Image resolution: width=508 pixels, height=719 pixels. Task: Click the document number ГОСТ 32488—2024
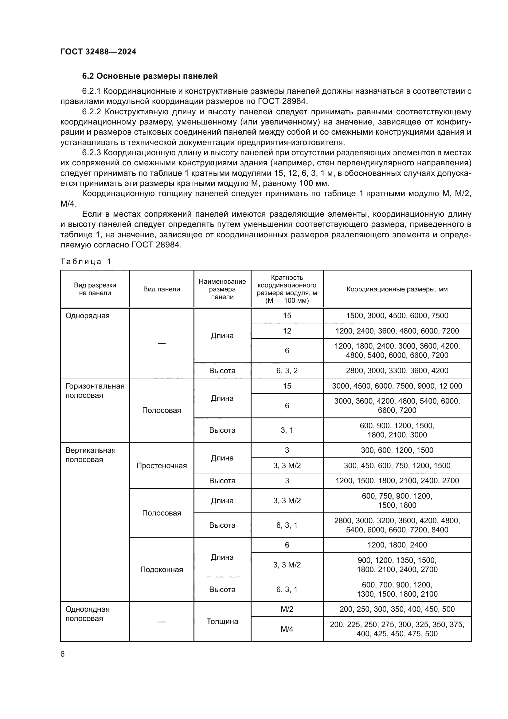[98, 52]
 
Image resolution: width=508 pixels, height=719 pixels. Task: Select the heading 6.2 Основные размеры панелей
[150, 76]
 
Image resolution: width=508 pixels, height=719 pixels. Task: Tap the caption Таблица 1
[86, 262]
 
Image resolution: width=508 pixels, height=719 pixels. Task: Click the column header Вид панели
[162, 289]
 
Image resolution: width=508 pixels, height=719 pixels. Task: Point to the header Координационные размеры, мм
[397, 289]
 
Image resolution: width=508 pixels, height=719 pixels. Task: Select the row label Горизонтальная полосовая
[95, 390]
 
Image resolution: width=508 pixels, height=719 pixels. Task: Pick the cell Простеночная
[162, 466]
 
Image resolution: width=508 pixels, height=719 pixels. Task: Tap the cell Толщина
[222, 621]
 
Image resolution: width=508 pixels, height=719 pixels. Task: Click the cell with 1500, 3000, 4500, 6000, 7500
[397, 316]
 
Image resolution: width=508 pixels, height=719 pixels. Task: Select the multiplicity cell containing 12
[287, 331]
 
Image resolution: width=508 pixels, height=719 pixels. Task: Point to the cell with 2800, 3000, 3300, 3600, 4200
[397, 370]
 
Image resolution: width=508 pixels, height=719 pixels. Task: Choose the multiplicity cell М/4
[287, 629]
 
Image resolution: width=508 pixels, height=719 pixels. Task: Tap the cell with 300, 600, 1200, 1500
[397, 450]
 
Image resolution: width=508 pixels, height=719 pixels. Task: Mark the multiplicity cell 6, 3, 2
[287, 370]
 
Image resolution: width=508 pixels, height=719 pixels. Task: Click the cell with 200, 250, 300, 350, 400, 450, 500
[397, 609]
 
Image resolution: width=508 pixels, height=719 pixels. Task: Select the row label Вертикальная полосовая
[90, 455]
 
